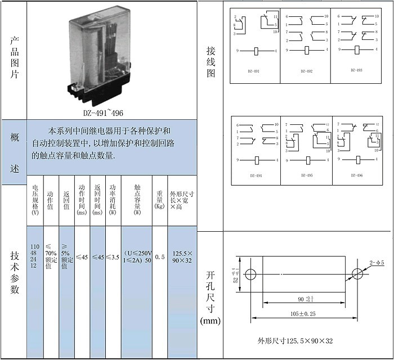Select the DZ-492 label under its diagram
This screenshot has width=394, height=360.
[x=306, y=71]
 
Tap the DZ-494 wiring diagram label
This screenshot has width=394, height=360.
[x=256, y=175]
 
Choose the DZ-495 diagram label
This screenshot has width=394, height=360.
[x=306, y=175]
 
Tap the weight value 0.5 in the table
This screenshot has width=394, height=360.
[x=160, y=257]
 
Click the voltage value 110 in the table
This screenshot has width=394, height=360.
[x=35, y=247]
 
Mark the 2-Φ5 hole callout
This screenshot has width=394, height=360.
[x=376, y=262]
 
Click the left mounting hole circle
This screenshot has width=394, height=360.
[x=250, y=274]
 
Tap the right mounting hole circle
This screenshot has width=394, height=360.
[x=357, y=274]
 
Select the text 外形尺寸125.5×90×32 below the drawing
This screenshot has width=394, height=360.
[x=295, y=341]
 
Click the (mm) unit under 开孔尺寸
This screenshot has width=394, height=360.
[x=211, y=320]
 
